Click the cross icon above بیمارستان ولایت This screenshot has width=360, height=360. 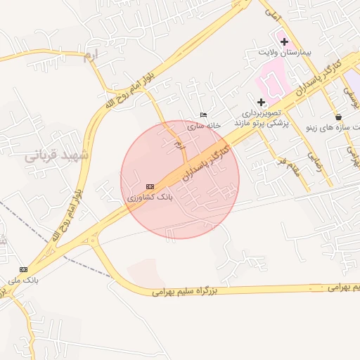point(284,41)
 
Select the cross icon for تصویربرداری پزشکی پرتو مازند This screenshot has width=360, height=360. point(261,102)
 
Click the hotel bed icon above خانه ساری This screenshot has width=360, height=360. point(204,115)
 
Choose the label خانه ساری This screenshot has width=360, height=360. point(204,125)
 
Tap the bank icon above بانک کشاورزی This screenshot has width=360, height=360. point(149,186)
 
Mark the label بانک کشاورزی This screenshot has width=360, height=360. point(150,198)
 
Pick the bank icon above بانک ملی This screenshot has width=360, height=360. point(24,269)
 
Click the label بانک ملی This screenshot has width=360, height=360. point(21,281)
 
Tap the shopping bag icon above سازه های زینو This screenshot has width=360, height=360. point(339,117)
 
